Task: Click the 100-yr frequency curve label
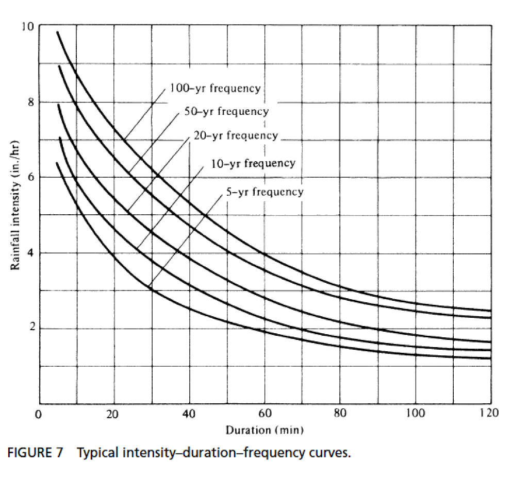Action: click(x=216, y=88)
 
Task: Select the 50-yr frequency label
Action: click(x=226, y=111)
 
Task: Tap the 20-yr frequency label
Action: click(x=236, y=136)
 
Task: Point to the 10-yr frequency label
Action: click(x=253, y=164)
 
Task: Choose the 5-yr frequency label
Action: click(x=265, y=192)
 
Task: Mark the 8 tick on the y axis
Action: click(x=30, y=102)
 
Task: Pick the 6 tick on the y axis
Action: click(x=30, y=178)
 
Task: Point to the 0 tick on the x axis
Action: click(x=38, y=414)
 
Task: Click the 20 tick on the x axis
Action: click(x=113, y=414)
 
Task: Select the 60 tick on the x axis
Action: click(x=265, y=414)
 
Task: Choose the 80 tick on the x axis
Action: click(x=340, y=414)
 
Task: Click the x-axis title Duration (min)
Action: click(x=265, y=430)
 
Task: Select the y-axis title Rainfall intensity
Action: click(x=15, y=204)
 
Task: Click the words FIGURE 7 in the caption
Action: click(x=35, y=453)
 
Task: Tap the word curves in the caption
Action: click(x=325, y=454)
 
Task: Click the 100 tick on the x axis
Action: click(x=414, y=414)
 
